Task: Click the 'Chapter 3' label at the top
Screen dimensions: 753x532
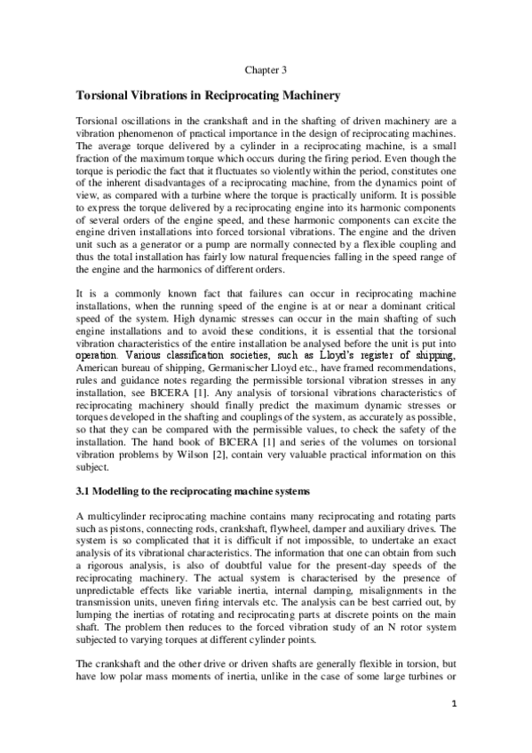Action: (266, 67)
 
